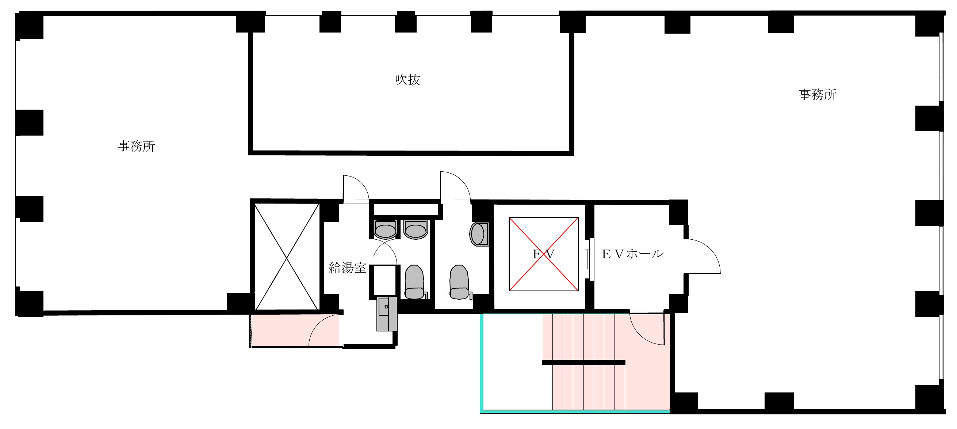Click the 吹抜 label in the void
pyautogui.click(x=407, y=80)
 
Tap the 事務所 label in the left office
pyautogui.click(x=136, y=146)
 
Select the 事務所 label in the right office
pyautogui.click(x=818, y=95)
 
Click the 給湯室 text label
pyautogui.click(x=347, y=267)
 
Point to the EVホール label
pyautogui.click(x=632, y=254)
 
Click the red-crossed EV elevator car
pyautogui.click(x=544, y=254)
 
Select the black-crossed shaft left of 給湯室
pyautogui.click(x=287, y=257)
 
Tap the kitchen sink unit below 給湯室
pyautogui.click(x=387, y=314)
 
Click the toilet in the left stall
pyautogui.click(x=414, y=282)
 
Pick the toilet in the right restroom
pyautogui.click(x=459, y=282)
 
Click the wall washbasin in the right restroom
pyautogui.click(x=479, y=234)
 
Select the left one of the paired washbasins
pyautogui.click(x=385, y=229)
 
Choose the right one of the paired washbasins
pyautogui.click(x=416, y=229)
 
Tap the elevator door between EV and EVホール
pyautogui.click(x=589, y=259)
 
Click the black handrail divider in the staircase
pyautogui.click(x=583, y=362)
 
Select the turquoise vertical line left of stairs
pyautogui.click(x=482, y=362)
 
